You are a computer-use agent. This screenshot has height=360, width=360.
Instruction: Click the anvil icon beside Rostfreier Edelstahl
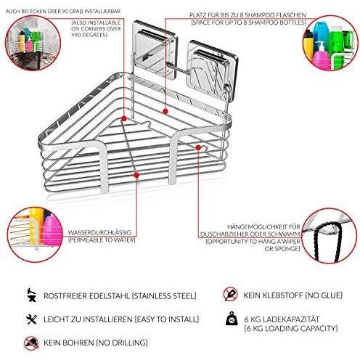point(32,295)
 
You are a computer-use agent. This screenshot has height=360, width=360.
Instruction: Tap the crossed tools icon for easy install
point(32,319)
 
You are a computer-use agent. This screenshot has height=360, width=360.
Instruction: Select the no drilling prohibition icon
point(31,343)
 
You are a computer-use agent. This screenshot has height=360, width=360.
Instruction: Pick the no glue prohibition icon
point(231,294)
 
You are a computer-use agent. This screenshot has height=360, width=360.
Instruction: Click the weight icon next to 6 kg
point(232,319)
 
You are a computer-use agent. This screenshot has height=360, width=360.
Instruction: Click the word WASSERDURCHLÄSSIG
point(100,232)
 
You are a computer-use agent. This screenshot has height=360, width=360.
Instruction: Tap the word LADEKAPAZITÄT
point(291,319)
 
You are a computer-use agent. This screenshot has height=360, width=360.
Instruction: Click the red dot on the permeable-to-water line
point(136,175)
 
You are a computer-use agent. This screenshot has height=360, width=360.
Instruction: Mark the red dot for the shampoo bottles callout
point(165,111)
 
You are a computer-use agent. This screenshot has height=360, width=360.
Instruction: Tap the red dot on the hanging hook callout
point(198,147)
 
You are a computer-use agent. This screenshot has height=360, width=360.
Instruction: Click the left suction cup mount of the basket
point(155,50)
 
